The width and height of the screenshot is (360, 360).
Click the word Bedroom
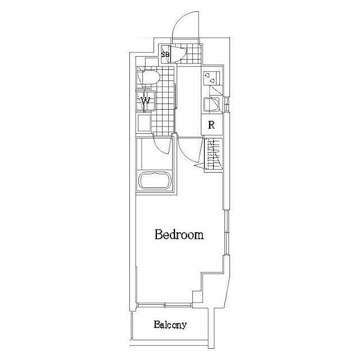(x=179, y=235)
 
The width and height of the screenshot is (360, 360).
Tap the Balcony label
(x=170, y=325)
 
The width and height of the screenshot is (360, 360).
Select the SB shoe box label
(x=165, y=55)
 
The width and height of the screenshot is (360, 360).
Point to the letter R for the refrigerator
(x=211, y=125)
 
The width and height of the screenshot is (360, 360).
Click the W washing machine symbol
(x=146, y=101)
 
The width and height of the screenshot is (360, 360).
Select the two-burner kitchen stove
(x=211, y=78)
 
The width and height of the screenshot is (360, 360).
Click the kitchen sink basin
(x=212, y=105)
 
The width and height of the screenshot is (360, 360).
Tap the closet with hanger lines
(x=214, y=154)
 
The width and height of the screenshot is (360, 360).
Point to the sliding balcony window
(x=165, y=305)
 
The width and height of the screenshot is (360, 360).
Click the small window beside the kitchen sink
(x=227, y=104)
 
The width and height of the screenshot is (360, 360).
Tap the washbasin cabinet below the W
(x=144, y=123)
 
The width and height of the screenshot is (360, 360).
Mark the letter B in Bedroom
(x=159, y=235)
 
